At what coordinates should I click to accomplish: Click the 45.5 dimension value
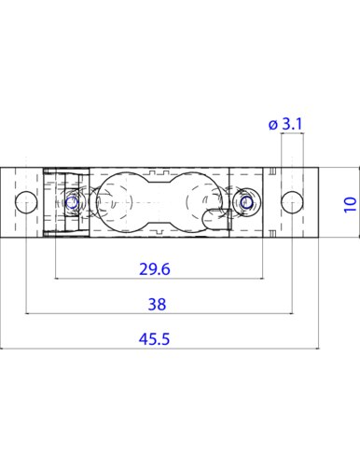[154, 339]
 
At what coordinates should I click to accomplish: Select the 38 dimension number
[157, 305]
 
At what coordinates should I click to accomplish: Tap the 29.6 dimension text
[155, 269]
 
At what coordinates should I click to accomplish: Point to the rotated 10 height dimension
[351, 205]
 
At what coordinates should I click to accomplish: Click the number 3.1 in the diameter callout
[292, 124]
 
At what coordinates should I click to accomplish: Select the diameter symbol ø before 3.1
[272, 125]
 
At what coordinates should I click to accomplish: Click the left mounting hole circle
[26, 202]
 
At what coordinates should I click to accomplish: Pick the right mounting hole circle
[292, 202]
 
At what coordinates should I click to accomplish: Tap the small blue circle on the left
[72, 202]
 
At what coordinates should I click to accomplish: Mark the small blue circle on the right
[247, 202]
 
